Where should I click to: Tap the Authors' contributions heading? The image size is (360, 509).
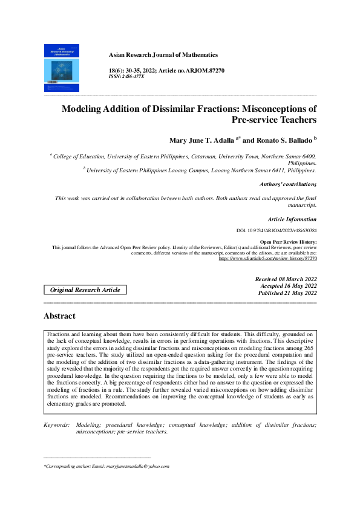tap(287, 184)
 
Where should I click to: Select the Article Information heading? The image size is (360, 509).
tap(292, 219)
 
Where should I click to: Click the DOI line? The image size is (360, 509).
tap(277, 231)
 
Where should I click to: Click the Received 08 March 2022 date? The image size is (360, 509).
tap(287, 279)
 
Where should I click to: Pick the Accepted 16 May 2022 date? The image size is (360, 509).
tap(289, 286)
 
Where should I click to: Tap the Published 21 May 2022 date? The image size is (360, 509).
tap(287, 293)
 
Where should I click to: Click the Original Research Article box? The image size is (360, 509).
tap(85, 290)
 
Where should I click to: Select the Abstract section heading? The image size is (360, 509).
tap(59, 316)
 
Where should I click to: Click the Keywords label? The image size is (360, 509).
tap(56, 426)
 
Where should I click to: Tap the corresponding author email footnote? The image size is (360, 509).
tap(106, 467)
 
